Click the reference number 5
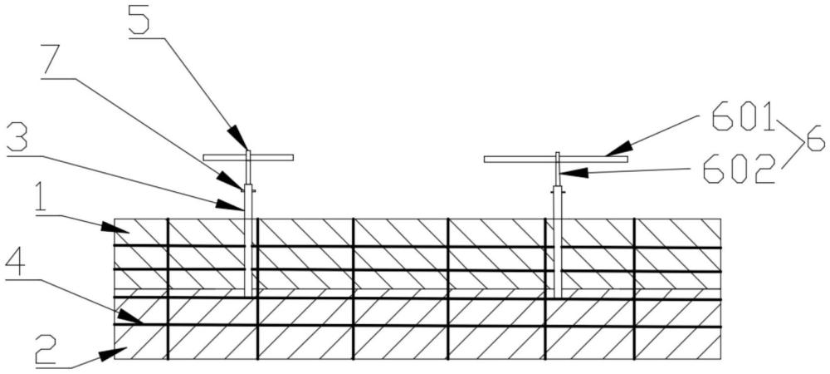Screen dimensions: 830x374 tap(139, 21)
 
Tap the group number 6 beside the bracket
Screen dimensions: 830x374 tap(815, 141)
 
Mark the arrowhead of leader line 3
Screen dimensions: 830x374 tap(229, 206)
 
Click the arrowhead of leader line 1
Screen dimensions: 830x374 tap(116, 229)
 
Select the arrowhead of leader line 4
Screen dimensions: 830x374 tap(130, 317)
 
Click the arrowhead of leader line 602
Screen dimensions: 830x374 tap(573, 173)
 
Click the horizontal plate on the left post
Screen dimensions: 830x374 tap(248, 158)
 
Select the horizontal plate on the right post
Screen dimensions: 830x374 tap(556, 159)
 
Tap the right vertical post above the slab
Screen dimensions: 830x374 tap(557, 201)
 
